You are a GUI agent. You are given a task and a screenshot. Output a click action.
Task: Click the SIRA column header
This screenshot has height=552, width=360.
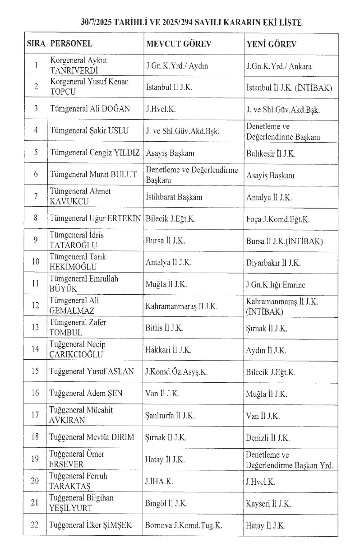pos(36,44)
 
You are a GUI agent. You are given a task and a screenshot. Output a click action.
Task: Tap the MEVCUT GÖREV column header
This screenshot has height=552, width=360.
pos(179,44)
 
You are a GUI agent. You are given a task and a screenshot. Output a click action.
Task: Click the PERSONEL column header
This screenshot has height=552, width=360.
pos(72,44)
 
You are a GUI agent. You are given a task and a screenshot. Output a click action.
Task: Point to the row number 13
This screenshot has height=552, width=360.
pos(36,328)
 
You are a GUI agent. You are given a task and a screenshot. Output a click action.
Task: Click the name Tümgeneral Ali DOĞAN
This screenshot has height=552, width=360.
pos(90,109)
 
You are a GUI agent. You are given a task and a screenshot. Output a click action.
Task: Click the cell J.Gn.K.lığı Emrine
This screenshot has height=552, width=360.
pos(276,285)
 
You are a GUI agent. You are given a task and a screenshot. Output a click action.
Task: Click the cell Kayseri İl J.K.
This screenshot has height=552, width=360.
pos(269,503)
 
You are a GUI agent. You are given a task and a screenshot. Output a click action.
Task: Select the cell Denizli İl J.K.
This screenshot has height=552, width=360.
pos(268,437)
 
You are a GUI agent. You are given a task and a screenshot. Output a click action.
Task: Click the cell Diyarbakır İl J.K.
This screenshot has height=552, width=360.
pos(273,262)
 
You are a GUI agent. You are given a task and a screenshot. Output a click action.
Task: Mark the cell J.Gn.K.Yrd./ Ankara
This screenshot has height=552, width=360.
pos(279,66)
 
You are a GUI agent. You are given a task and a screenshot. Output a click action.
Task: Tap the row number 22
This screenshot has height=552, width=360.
pos(36,525)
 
